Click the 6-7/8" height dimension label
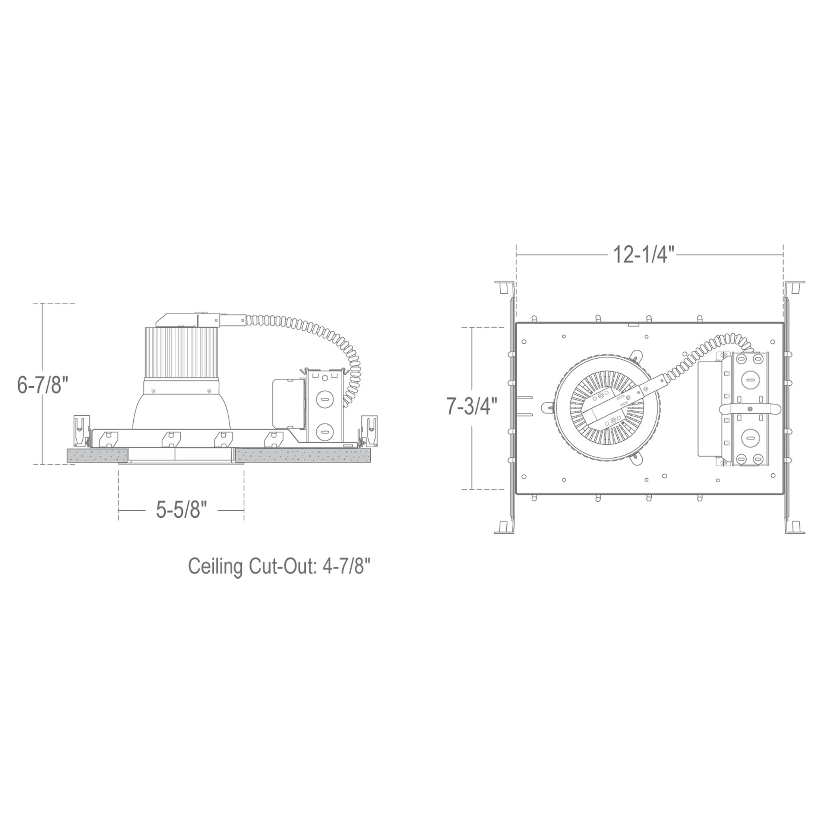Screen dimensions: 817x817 coord(43,384)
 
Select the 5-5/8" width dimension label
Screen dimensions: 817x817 coord(182,510)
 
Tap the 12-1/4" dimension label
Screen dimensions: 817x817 coord(644,255)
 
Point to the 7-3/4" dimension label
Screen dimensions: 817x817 coord(472,406)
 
